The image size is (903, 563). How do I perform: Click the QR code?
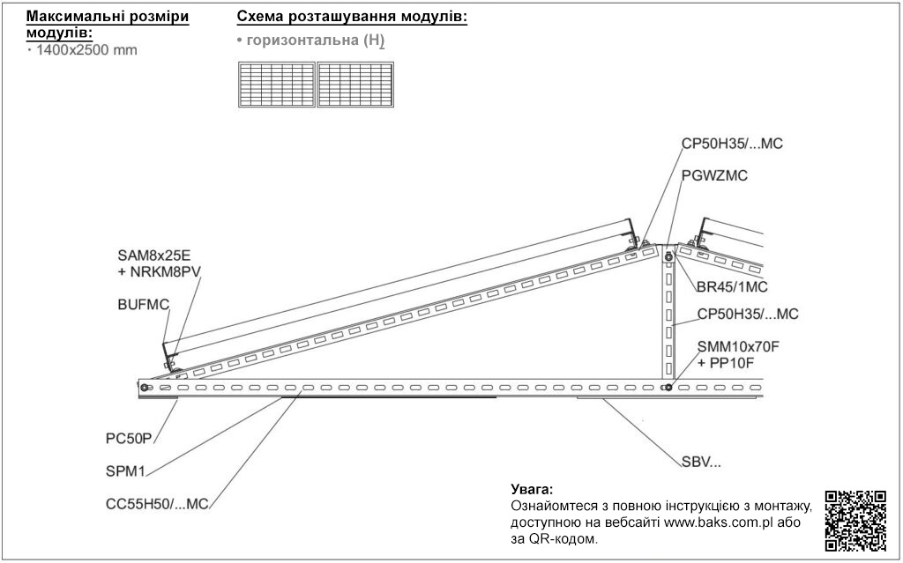855,520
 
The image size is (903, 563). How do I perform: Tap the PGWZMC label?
714,175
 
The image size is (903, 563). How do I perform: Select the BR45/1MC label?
732,286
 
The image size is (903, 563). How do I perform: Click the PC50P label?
129,439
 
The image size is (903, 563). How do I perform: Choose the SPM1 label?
125,470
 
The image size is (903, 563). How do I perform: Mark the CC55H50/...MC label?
157,504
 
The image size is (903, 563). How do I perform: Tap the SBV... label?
701,462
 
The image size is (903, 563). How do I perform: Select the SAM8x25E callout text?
154,256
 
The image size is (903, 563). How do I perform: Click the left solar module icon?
277,85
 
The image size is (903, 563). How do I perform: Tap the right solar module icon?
355,85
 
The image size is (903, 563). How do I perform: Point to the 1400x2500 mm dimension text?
87,50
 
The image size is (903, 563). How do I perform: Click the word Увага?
532,490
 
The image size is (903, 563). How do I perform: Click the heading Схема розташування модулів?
352,17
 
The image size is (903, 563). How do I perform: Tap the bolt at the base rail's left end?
144,387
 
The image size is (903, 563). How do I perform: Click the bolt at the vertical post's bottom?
668,387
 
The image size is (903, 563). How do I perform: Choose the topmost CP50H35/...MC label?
733,144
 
